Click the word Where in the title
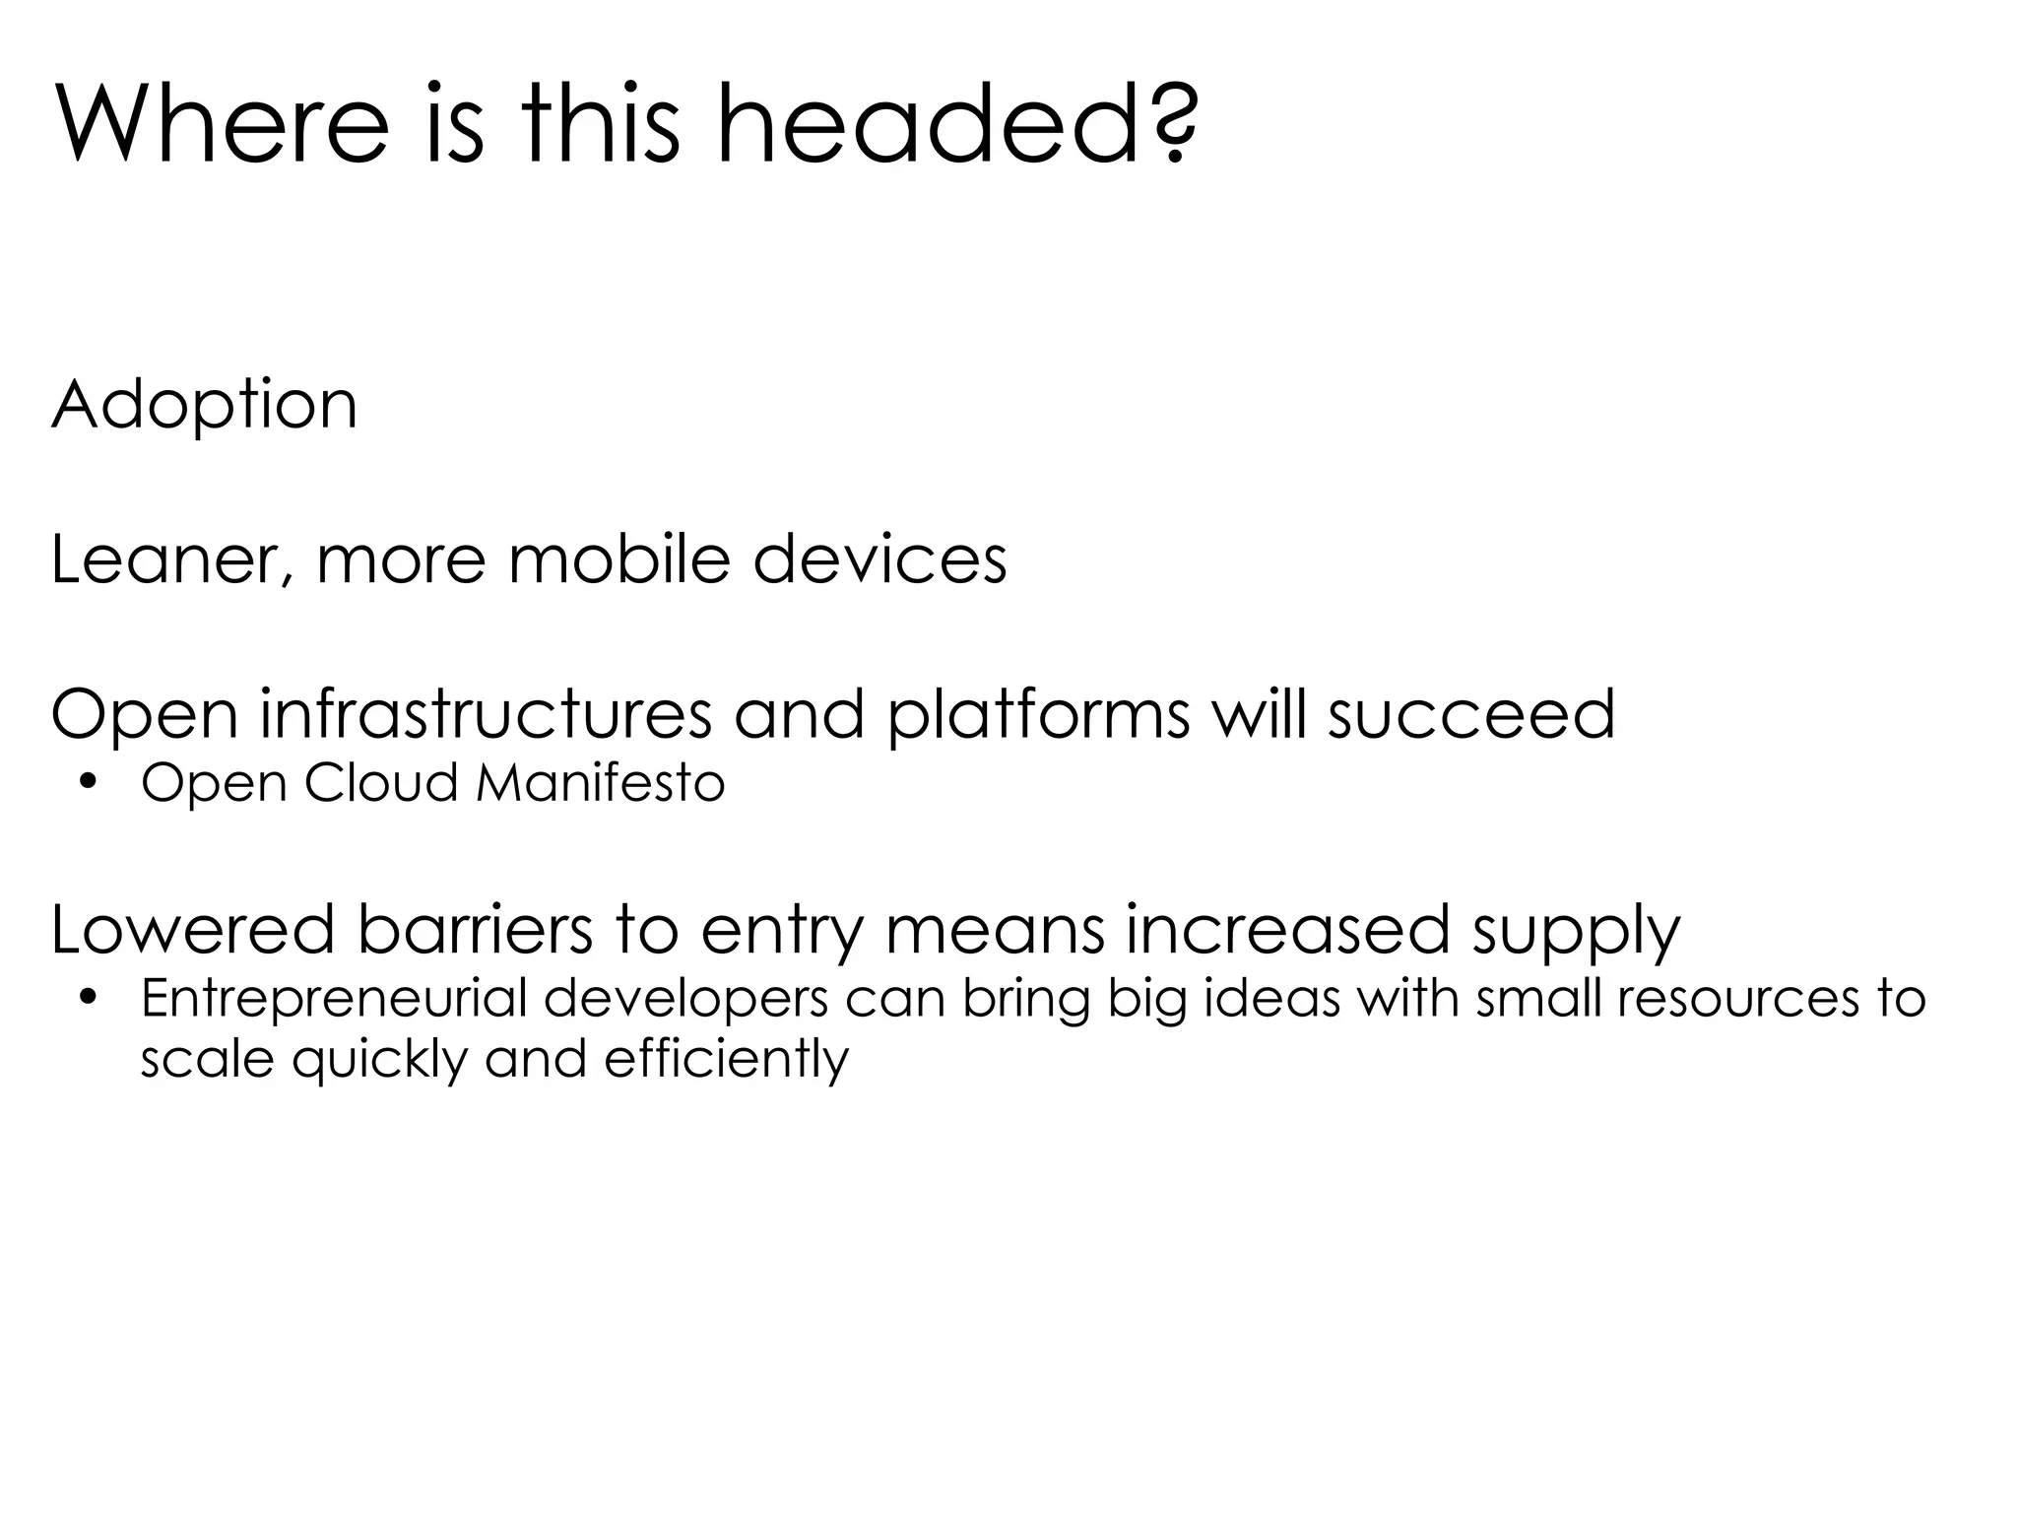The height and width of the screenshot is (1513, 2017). pos(223,126)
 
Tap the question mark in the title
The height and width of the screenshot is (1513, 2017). pos(1172,126)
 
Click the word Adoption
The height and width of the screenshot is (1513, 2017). pos(204,406)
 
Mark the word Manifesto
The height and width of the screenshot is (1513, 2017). pos(600,784)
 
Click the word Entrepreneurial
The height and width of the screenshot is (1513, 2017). pos(335,1001)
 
